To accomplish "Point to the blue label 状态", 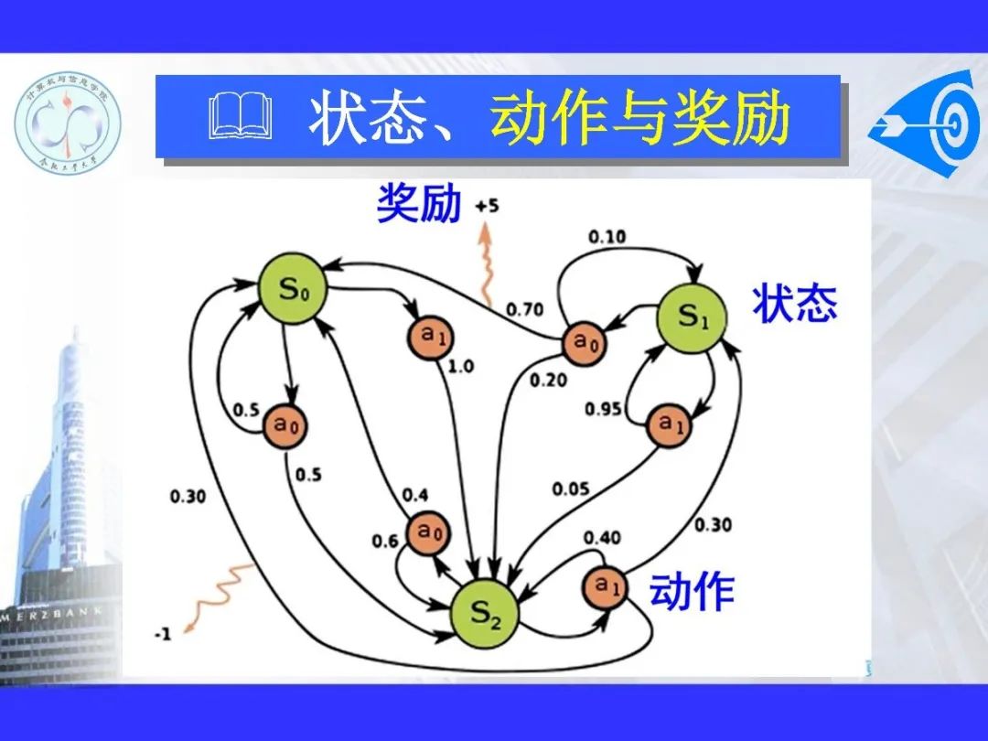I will tap(794, 303).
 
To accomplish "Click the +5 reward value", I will tap(487, 207).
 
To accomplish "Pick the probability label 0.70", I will tap(525, 309).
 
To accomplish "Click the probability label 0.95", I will tap(604, 408).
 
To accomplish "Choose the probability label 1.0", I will tap(460, 367).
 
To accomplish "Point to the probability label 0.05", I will tap(571, 489).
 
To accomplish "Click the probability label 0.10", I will tap(607, 237).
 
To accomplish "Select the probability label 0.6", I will tap(385, 541).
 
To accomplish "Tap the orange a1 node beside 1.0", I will tap(430, 337).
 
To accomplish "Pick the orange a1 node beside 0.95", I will tap(671, 424).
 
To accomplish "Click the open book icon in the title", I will tap(241, 120).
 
